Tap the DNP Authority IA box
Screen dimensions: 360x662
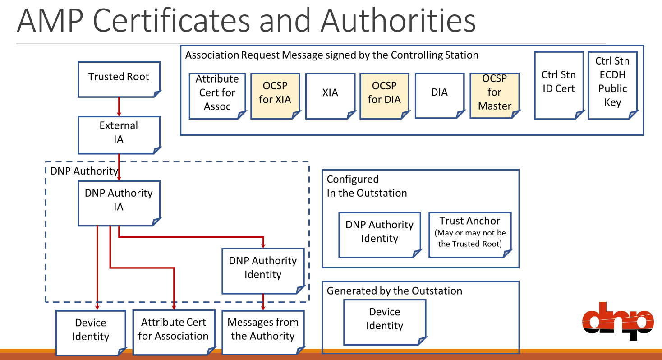click(119, 203)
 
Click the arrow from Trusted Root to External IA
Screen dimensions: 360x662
click(119, 107)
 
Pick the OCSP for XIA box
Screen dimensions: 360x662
click(275, 96)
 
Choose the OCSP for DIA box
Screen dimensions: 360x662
click(384, 96)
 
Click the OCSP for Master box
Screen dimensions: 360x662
click(494, 95)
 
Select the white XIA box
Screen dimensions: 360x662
click(330, 96)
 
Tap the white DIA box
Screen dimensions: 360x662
click(439, 95)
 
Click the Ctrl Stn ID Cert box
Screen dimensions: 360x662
click(558, 85)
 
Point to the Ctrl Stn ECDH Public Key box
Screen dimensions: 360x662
click(613, 85)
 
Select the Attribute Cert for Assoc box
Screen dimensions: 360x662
click(217, 96)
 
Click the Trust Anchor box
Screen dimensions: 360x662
click(470, 235)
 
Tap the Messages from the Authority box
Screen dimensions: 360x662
click(263, 332)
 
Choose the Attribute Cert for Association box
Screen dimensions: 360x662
click(174, 332)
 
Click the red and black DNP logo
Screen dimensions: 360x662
click(618, 320)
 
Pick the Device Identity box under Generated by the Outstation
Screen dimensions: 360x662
click(385, 322)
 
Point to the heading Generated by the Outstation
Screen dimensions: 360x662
click(395, 291)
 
